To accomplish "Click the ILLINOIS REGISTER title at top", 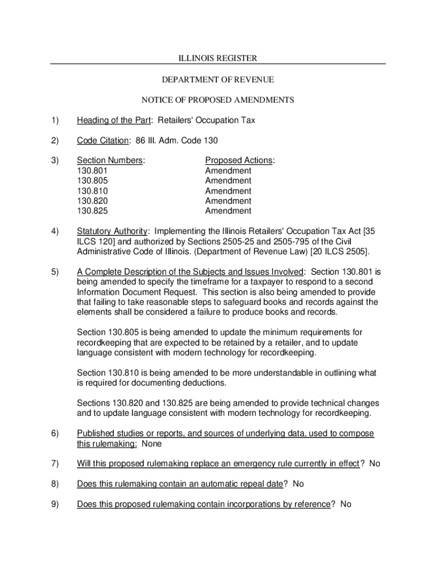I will tap(218, 58).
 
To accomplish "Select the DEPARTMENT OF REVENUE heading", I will tap(218, 79).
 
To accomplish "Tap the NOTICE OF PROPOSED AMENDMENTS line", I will tap(218, 100).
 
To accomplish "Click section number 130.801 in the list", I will tap(92, 170).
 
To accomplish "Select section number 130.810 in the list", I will tap(92, 191).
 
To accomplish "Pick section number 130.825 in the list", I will tap(92, 211).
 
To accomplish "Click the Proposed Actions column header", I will tap(239, 160).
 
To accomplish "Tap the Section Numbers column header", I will tap(110, 160).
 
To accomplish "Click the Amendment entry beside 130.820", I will tap(228, 201).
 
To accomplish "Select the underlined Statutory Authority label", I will tap(112, 231).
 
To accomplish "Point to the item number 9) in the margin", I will tap(55, 504).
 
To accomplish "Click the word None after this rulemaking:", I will tap(151, 444).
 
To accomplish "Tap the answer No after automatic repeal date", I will tap(298, 484).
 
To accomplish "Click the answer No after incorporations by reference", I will tap(346, 504).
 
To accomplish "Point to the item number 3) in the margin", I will tap(55, 160).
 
